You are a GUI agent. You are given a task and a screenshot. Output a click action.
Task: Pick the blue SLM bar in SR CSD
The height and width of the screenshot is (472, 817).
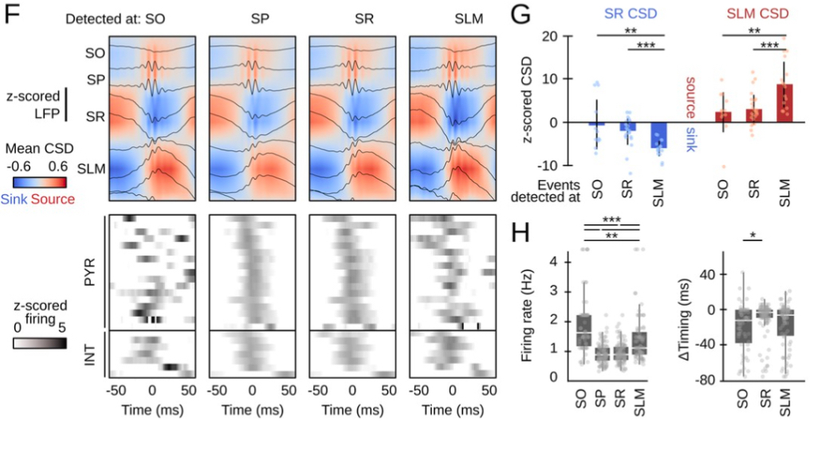pos(658,135)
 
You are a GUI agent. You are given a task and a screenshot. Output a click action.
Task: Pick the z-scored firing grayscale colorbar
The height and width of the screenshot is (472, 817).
pos(38,342)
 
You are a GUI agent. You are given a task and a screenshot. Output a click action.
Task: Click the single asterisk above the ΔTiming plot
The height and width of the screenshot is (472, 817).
pos(753,236)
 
